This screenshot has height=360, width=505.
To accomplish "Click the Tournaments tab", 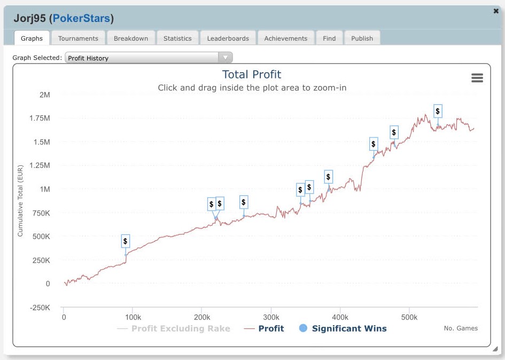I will coord(78,39).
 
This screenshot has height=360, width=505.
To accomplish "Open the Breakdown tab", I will coord(131,39).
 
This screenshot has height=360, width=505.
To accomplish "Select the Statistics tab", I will coord(177,39).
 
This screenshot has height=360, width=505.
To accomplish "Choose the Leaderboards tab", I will coord(228,39).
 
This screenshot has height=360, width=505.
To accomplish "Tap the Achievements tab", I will coord(286,39).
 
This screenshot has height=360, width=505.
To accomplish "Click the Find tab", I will coord(329,39).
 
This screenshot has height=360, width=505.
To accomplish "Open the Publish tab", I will coord(362,39).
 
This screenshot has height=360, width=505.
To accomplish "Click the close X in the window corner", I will coord(496,11).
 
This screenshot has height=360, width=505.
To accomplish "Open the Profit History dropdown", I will coord(149,58).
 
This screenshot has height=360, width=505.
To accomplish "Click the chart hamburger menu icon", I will coord(477,78).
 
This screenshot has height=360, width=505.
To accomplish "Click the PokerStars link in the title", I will coord(81,19).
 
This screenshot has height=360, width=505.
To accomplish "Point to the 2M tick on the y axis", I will coord(44,95).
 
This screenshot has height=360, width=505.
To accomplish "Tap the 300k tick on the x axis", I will coord(271,317).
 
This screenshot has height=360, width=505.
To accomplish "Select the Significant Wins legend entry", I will coord(349,328).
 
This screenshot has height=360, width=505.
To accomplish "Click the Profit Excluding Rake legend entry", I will coord(181,328).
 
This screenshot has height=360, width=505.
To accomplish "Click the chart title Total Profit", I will coord(252,75).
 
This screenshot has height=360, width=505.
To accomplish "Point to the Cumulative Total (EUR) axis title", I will coord(20,201).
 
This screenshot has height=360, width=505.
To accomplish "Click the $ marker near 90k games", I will coord(126,241).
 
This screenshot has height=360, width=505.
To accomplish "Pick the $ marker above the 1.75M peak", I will coord(438,111).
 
